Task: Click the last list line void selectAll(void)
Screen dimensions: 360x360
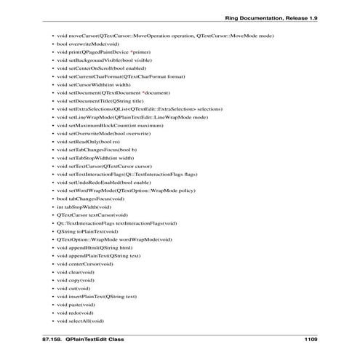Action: point(80,321)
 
